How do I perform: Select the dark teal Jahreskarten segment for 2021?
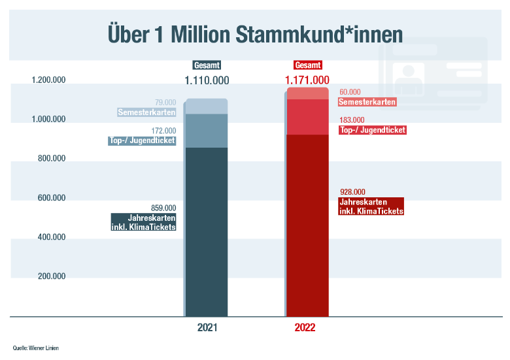coord(207,232)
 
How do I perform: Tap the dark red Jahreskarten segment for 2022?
coord(308,225)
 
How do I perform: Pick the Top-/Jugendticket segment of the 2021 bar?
coord(207,131)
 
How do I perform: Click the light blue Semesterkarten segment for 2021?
coord(207,106)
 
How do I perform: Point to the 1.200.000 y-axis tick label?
coord(48,81)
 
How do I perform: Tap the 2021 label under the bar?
coord(207,327)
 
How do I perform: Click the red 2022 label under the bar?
coord(305,327)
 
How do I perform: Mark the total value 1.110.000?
coord(207,80)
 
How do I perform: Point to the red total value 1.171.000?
coord(307,80)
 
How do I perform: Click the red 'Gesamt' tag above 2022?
coord(307,65)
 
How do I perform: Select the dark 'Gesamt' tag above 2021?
coord(207,65)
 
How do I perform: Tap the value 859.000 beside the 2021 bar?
coord(163,208)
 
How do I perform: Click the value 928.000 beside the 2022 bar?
coord(352,192)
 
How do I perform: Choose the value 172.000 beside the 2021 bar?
coord(163,131)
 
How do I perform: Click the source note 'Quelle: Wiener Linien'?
coord(35,348)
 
